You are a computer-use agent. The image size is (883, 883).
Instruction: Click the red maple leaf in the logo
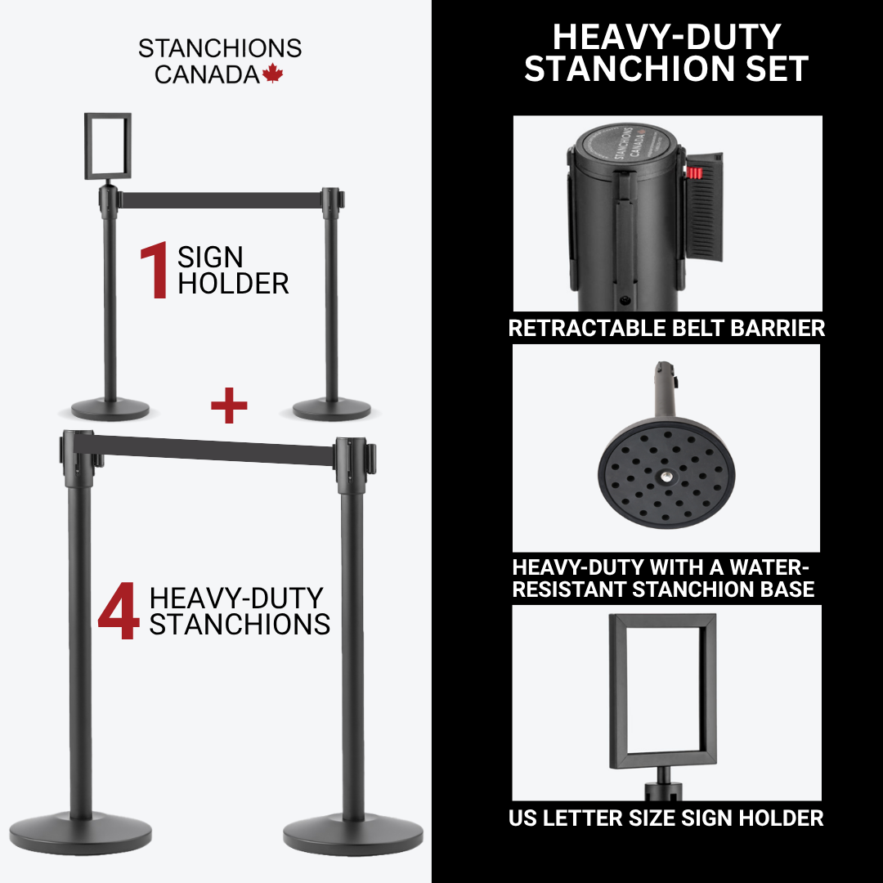pyautogui.click(x=272, y=74)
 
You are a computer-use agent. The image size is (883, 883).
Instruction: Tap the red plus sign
pyautogui.click(x=229, y=405)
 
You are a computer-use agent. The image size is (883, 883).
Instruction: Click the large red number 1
pyautogui.click(x=155, y=270)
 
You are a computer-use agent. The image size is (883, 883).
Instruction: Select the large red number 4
pyautogui.click(x=119, y=611)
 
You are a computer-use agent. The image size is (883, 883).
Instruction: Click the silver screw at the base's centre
pyautogui.click(x=666, y=477)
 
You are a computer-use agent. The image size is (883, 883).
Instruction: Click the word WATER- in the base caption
pyautogui.click(x=769, y=567)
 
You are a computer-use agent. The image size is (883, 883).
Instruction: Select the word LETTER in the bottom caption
pyautogui.click(x=582, y=818)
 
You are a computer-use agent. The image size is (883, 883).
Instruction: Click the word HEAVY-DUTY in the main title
pyautogui.click(x=667, y=37)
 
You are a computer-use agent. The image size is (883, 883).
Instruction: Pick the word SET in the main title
pyautogui.click(x=778, y=69)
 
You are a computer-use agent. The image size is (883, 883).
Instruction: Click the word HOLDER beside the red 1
pyautogui.click(x=233, y=283)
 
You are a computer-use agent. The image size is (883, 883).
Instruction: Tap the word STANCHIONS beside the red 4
pyautogui.click(x=240, y=624)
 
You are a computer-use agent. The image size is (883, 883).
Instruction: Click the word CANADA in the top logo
pyautogui.click(x=207, y=74)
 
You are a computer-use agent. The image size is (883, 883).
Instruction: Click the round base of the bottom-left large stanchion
pyautogui.click(x=80, y=832)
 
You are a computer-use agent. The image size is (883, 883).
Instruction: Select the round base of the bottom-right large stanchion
pyautogui.click(x=353, y=836)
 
